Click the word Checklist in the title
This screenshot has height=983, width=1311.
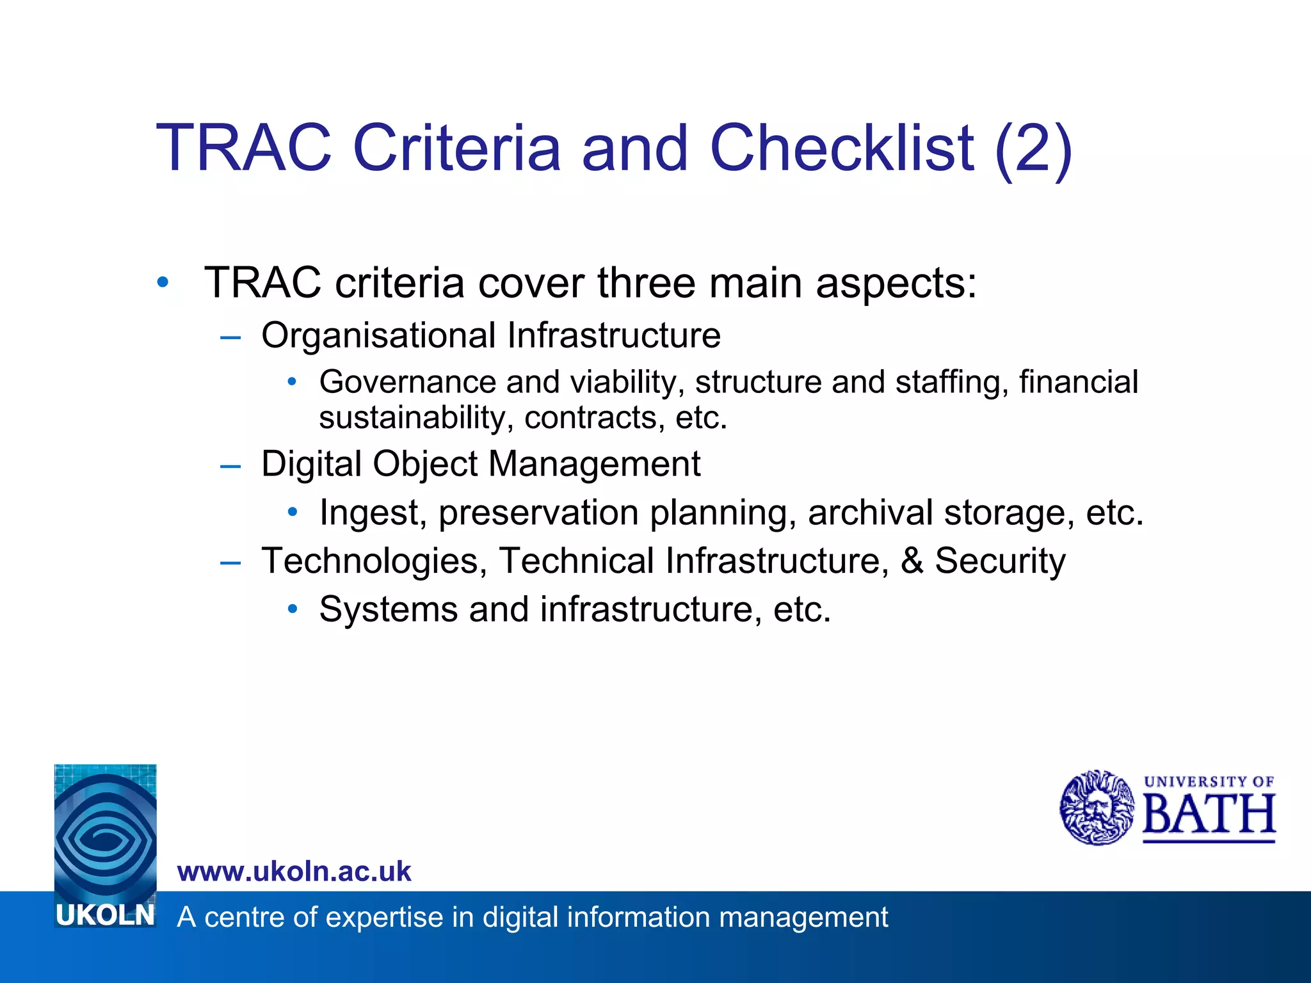[x=842, y=148]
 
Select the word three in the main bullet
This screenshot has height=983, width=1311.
[x=646, y=283]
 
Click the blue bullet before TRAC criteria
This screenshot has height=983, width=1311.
[x=163, y=282]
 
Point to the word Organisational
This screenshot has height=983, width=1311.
[x=378, y=336]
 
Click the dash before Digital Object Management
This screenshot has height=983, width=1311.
[x=230, y=466]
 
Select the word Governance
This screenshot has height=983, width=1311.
[x=407, y=382]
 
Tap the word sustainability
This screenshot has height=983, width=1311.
[x=416, y=419]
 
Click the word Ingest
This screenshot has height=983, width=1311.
[x=369, y=513]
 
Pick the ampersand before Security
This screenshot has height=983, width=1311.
[x=912, y=561]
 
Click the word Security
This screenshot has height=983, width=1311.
[x=1000, y=562]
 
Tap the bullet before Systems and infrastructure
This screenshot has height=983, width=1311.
[x=293, y=609]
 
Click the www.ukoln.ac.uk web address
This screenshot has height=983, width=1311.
[x=294, y=872]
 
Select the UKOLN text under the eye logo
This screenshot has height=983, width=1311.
[x=106, y=916]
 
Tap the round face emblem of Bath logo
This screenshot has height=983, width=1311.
[x=1097, y=808]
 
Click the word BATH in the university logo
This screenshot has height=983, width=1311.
[x=1209, y=814]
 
